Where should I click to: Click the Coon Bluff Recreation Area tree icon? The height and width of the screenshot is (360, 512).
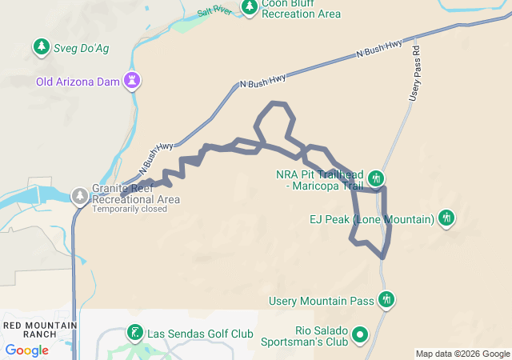(250, 6)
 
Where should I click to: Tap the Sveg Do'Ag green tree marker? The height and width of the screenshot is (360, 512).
(41, 48)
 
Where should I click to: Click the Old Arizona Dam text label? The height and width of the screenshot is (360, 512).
(78, 82)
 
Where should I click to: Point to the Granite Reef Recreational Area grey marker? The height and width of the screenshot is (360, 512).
(80, 194)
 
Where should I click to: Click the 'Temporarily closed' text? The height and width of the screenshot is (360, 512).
(130, 210)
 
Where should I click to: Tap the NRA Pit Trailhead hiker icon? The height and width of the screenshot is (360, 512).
(377, 178)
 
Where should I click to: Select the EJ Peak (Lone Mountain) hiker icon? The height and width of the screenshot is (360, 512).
(446, 218)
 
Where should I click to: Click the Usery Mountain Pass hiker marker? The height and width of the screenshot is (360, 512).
(387, 300)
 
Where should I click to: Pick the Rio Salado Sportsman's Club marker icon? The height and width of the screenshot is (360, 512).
(361, 334)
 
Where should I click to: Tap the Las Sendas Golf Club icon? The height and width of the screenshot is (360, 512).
(134, 333)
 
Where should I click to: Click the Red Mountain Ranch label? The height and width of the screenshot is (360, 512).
(40, 329)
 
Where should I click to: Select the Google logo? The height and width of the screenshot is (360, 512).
(26, 350)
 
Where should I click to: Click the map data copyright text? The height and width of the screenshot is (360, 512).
(462, 354)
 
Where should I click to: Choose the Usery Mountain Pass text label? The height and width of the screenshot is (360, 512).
(323, 301)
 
